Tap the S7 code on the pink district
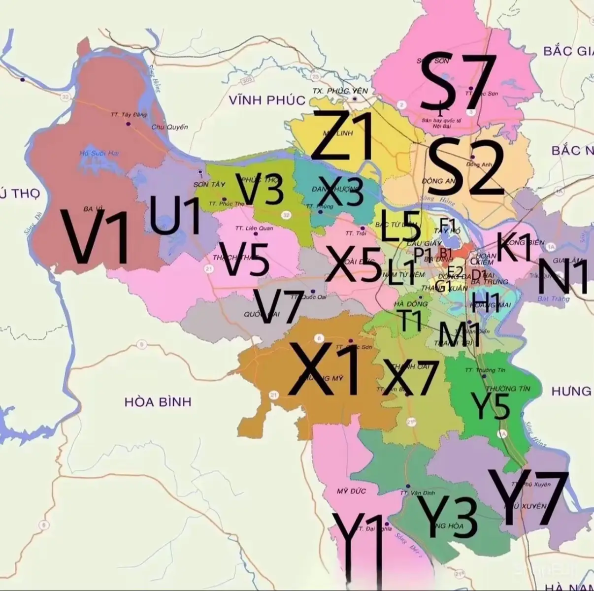click(457, 83)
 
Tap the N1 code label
click(562, 277)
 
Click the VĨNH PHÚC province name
click(267, 100)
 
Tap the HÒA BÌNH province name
click(158, 402)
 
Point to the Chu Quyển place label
click(170, 127)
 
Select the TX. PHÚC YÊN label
click(340, 91)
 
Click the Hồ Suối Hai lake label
click(99, 154)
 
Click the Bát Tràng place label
click(554, 298)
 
